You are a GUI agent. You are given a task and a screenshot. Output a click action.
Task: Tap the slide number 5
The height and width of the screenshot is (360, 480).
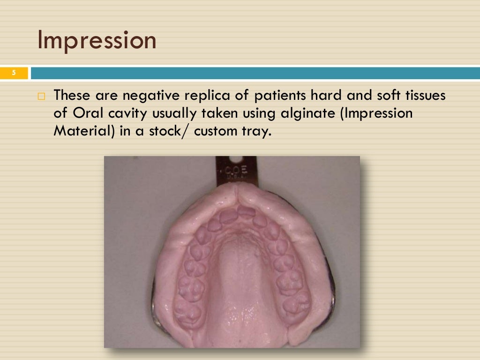14,73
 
